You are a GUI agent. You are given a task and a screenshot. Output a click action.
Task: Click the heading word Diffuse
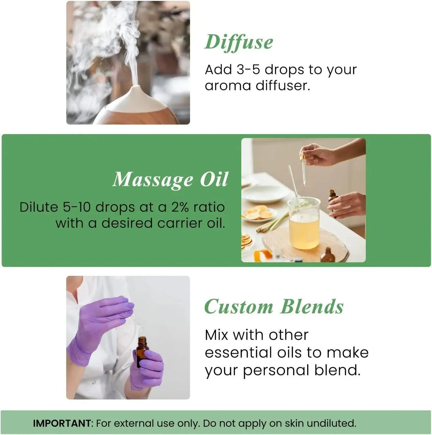click(239, 42)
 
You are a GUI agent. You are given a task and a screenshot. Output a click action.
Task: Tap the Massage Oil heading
click(170, 179)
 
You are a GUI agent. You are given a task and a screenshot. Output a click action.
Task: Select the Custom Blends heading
click(274, 307)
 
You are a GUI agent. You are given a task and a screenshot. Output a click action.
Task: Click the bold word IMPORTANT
click(62, 423)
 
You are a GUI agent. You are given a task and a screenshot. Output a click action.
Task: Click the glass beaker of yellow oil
click(304, 224)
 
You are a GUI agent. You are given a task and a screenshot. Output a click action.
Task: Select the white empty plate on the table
click(265, 194)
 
